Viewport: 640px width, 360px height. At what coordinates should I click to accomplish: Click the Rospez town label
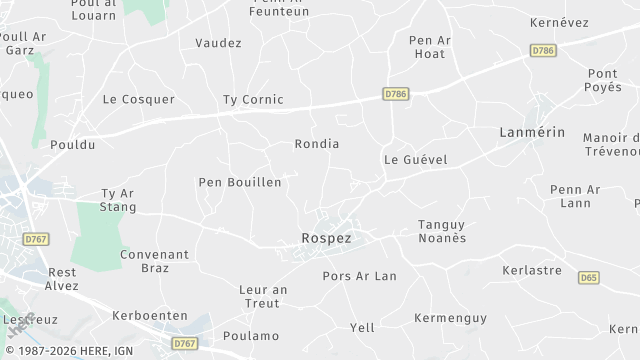325,239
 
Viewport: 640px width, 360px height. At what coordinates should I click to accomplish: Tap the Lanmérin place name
532,132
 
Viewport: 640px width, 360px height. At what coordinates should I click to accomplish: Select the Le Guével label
415,159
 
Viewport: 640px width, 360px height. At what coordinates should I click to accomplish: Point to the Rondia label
316,144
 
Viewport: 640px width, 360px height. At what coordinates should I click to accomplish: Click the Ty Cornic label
253,99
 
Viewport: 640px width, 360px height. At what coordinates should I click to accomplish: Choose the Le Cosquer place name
139,99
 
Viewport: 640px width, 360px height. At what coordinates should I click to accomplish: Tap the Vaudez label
218,43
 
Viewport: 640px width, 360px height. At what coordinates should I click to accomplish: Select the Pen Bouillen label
240,182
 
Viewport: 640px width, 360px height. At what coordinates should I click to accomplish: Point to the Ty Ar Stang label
118,200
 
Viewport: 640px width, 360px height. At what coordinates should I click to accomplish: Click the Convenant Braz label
154,261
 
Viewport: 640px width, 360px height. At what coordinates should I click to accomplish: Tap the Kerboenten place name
150,315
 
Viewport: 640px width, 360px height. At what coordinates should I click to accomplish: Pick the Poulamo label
251,336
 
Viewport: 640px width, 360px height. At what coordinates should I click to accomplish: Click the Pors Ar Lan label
360,276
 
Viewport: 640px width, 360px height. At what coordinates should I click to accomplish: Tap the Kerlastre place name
530,271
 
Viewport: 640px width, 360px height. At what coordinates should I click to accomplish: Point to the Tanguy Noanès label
441,232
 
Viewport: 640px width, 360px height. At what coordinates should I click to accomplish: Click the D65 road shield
589,277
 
